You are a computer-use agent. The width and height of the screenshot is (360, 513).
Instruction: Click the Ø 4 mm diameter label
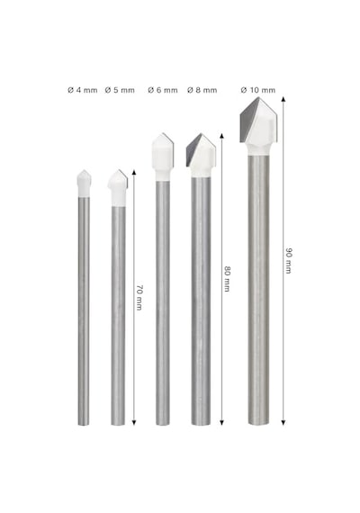click(x=83, y=90)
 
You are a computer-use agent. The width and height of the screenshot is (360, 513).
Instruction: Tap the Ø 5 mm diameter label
click(x=120, y=90)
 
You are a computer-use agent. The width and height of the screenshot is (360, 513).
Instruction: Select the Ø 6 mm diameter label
click(x=163, y=90)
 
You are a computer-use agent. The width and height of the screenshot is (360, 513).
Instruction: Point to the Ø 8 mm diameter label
click(x=202, y=90)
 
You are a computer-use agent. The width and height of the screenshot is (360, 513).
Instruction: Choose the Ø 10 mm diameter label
click(x=258, y=90)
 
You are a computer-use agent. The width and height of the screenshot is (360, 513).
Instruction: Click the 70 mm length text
click(x=139, y=297)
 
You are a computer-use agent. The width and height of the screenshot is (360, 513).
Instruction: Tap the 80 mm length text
click(x=227, y=279)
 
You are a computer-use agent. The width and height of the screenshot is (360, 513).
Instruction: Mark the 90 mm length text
click(x=289, y=260)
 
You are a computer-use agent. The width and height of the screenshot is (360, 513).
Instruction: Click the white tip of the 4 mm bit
click(x=84, y=184)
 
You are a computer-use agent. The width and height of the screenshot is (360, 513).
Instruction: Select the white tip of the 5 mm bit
click(x=118, y=189)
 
